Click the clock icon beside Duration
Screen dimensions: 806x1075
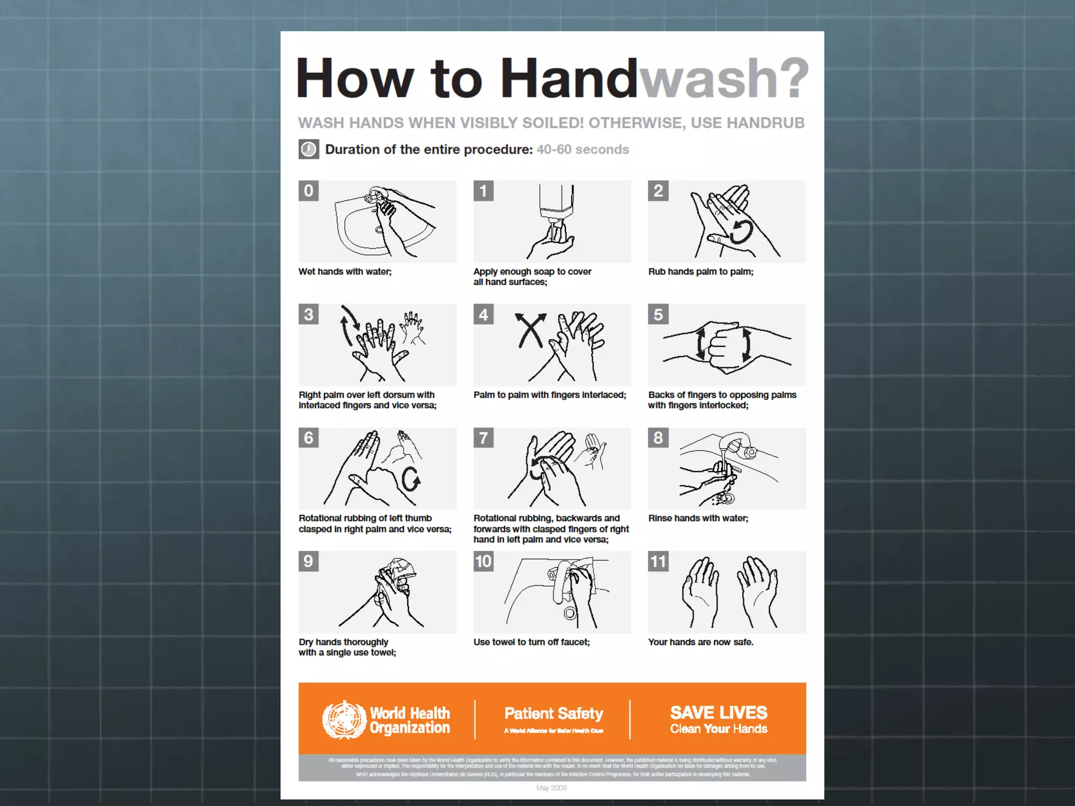(309, 150)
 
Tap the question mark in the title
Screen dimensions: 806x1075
(791, 79)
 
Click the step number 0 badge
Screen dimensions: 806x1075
(309, 191)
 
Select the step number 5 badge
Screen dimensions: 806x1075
(658, 314)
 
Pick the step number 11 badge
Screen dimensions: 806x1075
(658, 561)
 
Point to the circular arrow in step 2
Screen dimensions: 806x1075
(742, 231)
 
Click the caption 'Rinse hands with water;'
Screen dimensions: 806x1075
(698, 518)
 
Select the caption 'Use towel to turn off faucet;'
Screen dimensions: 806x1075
(531, 642)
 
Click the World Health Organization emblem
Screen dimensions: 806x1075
(344, 720)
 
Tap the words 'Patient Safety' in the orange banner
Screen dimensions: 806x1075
(554, 714)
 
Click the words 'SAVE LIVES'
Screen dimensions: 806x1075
(718, 713)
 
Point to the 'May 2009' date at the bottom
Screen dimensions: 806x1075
(551, 788)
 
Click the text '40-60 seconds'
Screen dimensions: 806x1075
(582, 150)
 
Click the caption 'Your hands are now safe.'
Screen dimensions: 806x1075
(700, 642)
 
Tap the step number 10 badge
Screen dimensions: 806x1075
(483, 561)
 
